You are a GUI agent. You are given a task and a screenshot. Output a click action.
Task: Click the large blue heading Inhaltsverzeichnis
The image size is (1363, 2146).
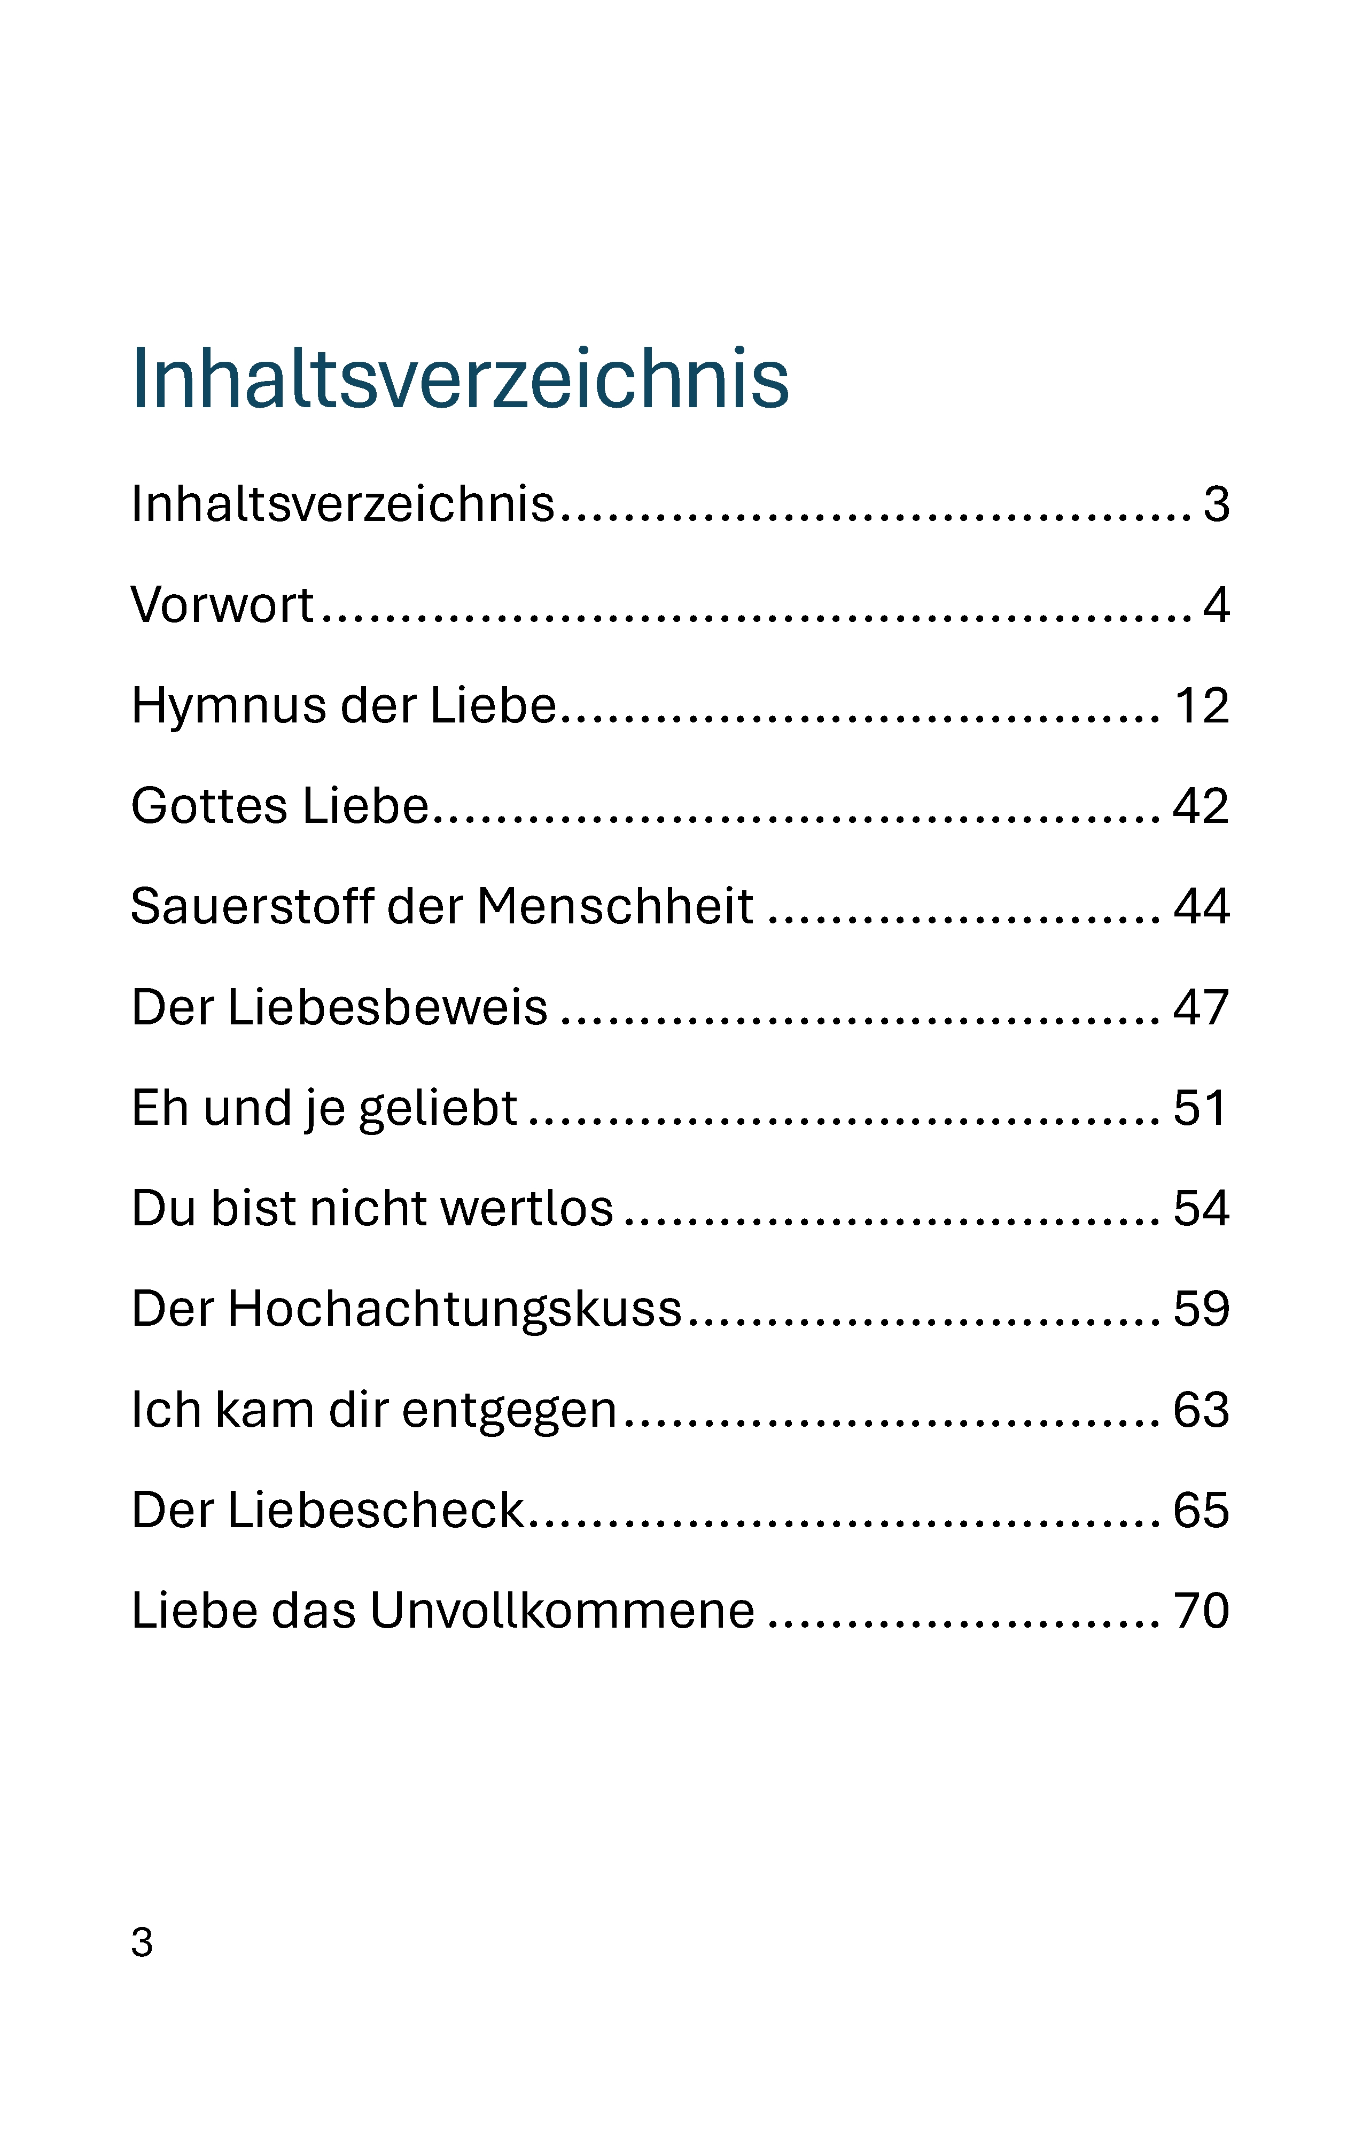(x=459, y=379)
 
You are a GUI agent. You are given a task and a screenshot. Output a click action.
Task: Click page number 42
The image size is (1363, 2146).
(x=1201, y=806)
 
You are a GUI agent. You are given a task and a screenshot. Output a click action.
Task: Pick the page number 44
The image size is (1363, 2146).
(x=1202, y=907)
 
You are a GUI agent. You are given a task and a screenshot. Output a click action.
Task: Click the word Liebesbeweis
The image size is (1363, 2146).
(x=387, y=1007)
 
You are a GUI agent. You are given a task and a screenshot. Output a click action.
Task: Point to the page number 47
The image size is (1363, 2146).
(x=1202, y=1008)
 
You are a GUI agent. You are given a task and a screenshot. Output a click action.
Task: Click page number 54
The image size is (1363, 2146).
(x=1202, y=1209)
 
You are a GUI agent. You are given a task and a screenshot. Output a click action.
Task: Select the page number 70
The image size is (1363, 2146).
(x=1202, y=1612)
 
